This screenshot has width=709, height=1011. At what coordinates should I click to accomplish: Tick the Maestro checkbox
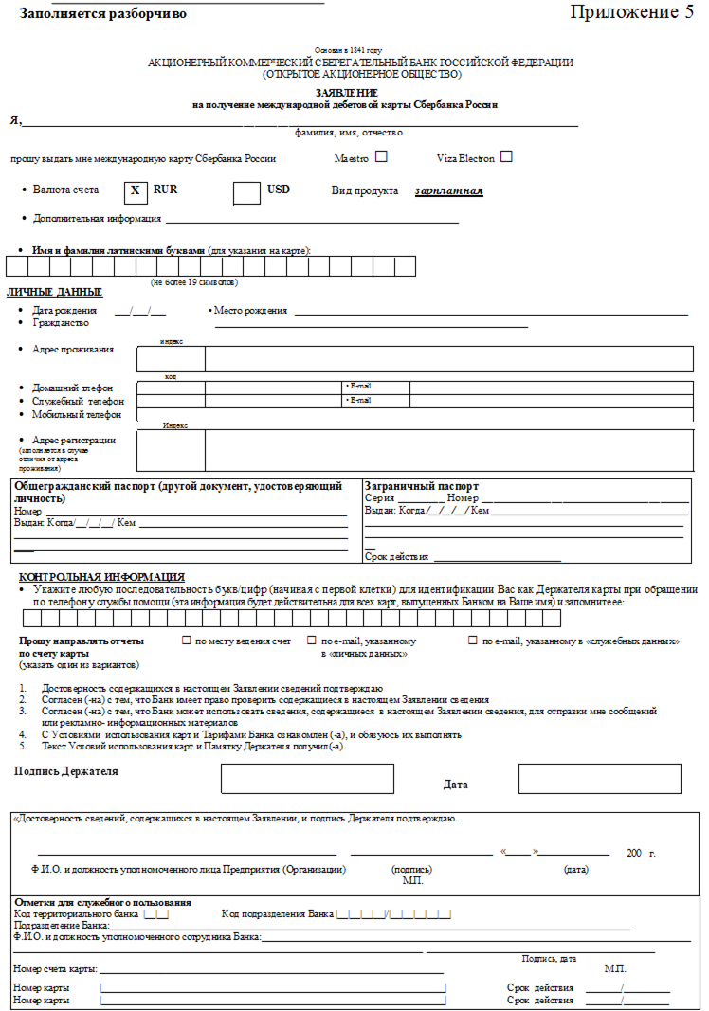point(381,156)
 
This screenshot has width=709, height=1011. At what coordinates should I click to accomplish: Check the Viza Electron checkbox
point(506,156)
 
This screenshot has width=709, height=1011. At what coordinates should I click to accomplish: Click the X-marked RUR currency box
point(136,190)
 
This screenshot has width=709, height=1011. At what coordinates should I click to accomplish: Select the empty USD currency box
point(246,190)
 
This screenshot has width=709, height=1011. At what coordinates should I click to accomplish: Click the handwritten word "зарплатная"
point(448,191)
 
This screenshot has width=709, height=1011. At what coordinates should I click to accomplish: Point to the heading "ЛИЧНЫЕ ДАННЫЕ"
point(54,292)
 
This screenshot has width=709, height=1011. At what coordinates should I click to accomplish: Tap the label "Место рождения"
point(250,310)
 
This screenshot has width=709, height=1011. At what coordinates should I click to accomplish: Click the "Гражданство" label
point(61,322)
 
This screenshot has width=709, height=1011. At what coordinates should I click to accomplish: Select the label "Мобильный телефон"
point(77,414)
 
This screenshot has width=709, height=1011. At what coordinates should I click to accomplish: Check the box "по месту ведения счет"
point(187,641)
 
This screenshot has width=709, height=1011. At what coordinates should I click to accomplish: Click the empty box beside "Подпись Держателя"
point(307,778)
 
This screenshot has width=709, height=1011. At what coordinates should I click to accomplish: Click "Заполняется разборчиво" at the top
point(102,14)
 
